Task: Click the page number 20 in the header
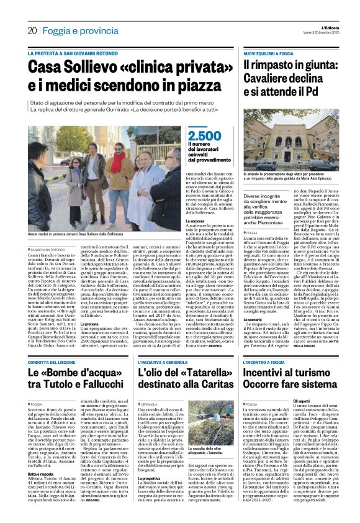tap(31, 30)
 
